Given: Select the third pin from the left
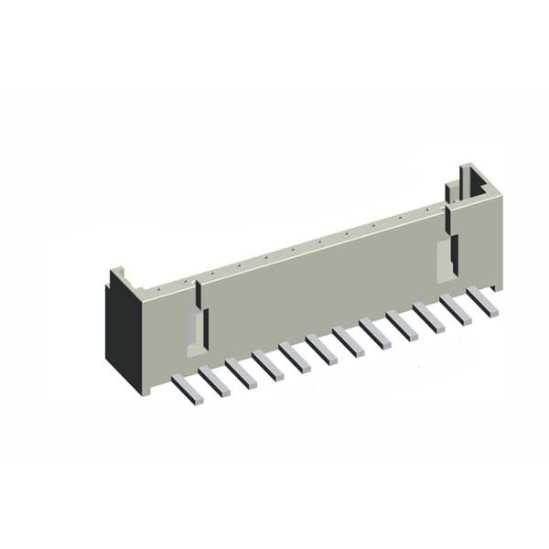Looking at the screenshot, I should pos(241,372).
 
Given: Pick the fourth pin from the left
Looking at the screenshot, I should pos(267,364).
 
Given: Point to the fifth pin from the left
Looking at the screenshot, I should pos(295,356).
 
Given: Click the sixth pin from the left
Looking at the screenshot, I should pos(321,349).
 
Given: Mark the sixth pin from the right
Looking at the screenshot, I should pos(348,340).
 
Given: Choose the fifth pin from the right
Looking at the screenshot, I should pos(374,332).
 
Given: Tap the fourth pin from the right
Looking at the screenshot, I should pos(402,325).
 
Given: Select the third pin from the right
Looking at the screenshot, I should pos(428,317).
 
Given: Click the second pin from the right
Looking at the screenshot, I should pos(455,308).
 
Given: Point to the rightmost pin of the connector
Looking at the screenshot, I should pos(482,301).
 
